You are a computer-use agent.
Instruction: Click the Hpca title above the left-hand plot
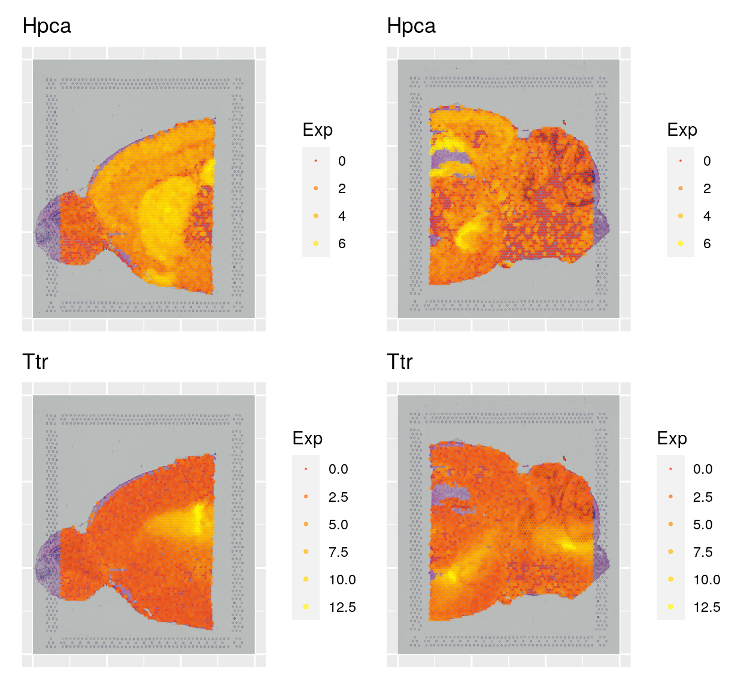47,26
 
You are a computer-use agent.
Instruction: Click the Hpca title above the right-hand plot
411,26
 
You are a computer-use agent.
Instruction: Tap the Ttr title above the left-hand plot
35,362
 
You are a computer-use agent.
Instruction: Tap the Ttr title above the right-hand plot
400,362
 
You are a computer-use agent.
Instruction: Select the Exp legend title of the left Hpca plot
317,130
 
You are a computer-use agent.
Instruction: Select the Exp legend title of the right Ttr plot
672,438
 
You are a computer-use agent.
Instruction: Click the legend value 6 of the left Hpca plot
342,243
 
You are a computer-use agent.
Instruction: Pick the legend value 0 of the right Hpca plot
707,161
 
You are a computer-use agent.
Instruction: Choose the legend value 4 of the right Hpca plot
707,216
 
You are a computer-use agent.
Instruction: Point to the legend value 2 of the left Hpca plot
342,188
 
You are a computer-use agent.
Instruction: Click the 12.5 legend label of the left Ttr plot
342,607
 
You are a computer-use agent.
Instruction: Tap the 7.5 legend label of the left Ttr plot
338,552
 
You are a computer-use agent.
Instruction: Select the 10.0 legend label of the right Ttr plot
706,580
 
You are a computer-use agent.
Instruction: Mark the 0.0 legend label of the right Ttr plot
703,469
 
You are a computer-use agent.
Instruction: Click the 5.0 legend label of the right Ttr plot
703,525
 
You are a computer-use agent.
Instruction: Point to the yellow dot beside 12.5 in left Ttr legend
306,607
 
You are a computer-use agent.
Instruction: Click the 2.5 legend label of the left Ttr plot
338,497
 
